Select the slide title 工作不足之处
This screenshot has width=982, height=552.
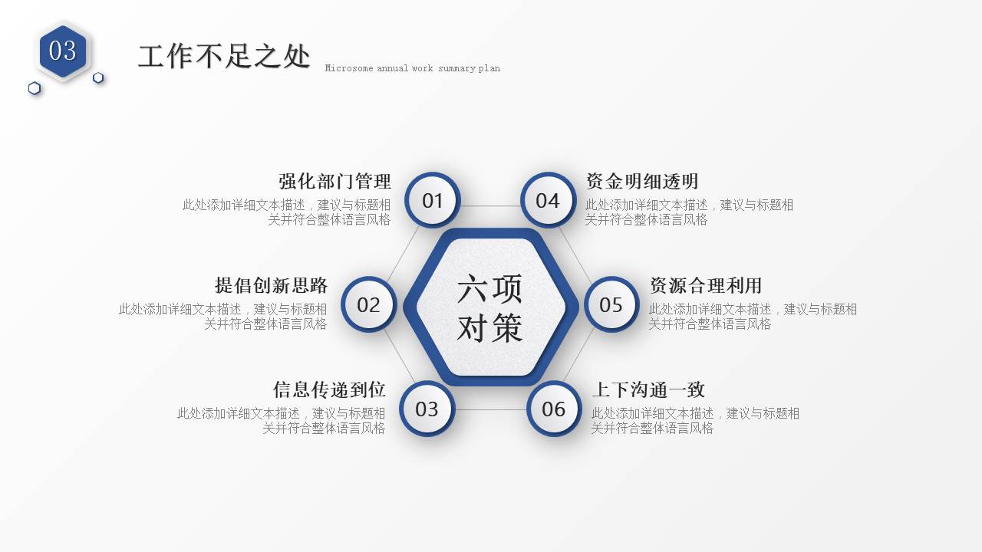224,57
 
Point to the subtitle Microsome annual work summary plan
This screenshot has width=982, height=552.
412,68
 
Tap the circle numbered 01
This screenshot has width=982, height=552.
433,200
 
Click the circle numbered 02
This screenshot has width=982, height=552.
368,304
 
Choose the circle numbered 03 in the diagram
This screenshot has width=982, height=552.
427,409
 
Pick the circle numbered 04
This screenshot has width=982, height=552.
548,200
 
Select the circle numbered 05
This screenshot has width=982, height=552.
611,304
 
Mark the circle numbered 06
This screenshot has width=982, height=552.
554,409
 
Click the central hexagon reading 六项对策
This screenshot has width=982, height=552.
490,307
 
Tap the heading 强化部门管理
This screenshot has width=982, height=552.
334,182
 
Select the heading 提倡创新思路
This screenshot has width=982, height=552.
271,286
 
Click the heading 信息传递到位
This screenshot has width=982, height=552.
329,389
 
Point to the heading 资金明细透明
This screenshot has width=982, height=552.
642,182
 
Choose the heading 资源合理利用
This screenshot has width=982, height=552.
706,286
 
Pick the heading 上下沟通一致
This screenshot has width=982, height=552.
648,389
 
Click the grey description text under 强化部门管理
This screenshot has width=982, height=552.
287,212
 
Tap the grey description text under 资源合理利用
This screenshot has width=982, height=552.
752,317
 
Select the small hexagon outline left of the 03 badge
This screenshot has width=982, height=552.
35,88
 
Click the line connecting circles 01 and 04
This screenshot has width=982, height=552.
490,205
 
